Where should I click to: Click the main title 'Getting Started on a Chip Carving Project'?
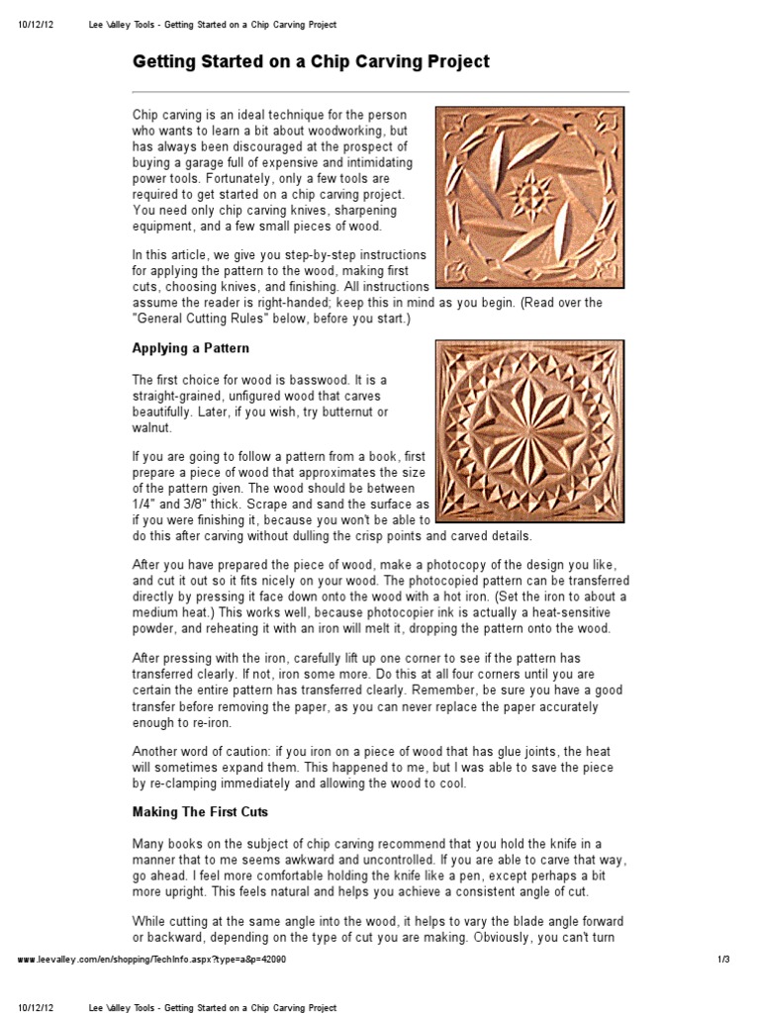click(311, 62)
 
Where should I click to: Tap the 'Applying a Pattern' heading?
click(191, 348)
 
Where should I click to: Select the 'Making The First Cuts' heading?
click(201, 812)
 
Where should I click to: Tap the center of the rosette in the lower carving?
click(530, 431)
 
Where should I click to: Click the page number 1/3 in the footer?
click(722, 960)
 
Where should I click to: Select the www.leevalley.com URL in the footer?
click(153, 960)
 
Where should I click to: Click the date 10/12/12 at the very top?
click(36, 24)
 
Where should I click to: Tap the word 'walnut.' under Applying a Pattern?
click(153, 427)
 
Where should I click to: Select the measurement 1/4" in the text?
click(146, 504)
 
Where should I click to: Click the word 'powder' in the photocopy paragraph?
click(157, 629)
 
